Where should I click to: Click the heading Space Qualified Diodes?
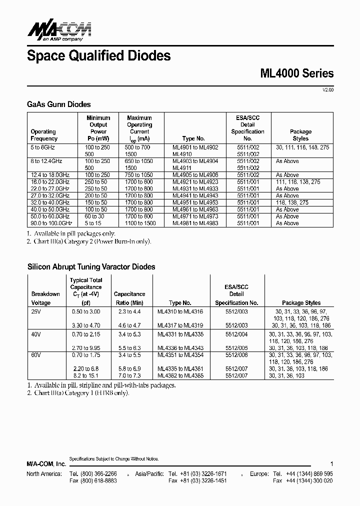point(98,55)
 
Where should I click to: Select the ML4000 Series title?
point(297,73)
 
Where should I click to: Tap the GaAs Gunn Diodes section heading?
point(58,104)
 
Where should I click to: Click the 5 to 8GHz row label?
point(43,147)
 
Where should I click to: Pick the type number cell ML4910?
point(182,154)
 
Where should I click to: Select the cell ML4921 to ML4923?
point(195,182)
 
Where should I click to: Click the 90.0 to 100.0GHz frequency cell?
point(51,223)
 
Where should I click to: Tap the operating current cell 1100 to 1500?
point(138,223)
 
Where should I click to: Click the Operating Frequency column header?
point(44,135)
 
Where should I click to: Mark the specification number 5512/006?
point(236,355)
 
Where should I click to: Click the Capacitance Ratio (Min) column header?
point(129,298)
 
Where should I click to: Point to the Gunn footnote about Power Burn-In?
point(88,241)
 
